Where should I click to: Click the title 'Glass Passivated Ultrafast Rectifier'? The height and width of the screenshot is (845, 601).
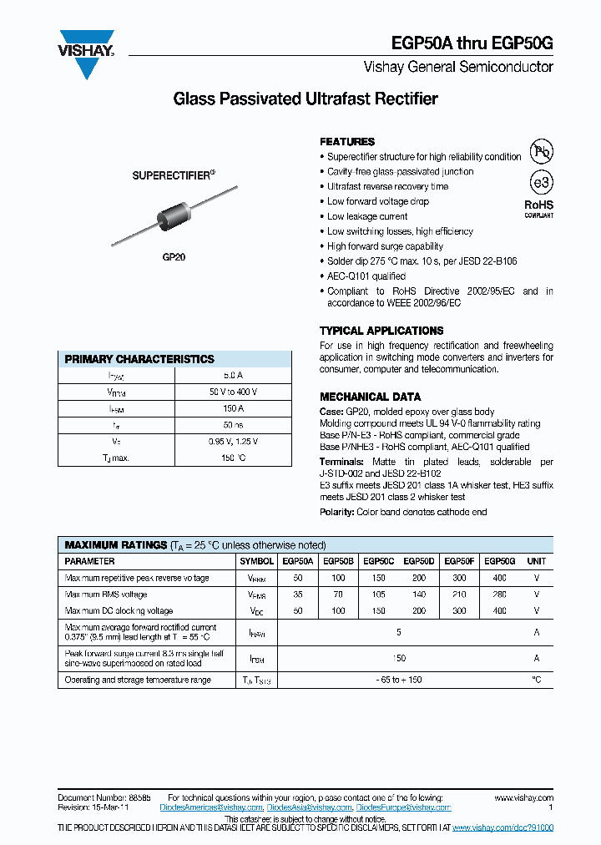coord(305,99)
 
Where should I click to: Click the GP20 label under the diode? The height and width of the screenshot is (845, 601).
coord(174,258)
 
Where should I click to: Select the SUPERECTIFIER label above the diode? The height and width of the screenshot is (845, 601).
coord(174,175)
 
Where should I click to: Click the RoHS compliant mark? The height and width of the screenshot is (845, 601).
coord(538,208)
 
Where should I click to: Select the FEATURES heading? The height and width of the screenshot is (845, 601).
coord(347,142)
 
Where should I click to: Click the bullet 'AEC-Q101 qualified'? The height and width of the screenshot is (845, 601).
coord(366,276)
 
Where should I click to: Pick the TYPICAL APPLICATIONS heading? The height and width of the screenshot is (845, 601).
coord(381,331)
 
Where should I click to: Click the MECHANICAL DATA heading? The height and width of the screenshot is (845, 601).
coord(370,397)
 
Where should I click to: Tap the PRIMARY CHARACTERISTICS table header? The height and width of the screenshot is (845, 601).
coord(139,359)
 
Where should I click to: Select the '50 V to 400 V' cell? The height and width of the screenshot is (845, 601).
coord(233,392)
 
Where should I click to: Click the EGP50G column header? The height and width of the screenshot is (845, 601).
coord(500,561)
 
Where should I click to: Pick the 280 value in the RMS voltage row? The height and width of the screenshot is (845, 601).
coord(500,595)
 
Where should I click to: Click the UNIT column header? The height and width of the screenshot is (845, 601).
coord(537,561)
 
